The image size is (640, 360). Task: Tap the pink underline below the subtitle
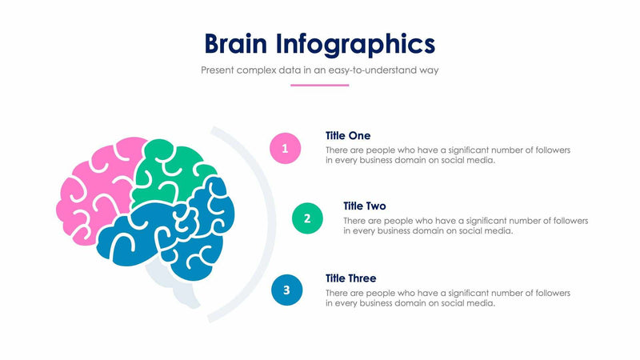pyautogui.click(x=320, y=85)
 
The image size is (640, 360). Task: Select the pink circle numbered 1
pyautogui.click(x=286, y=147)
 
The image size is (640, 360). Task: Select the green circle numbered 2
pyautogui.click(x=307, y=218)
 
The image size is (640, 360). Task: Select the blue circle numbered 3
pyautogui.click(x=287, y=290)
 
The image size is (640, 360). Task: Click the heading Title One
pyautogui.click(x=348, y=135)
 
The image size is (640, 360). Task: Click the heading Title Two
pyautogui.click(x=365, y=206)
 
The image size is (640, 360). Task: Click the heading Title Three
pyautogui.click(x=351, y=278)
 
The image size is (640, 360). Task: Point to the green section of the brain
pyautogui.click(x=172, y=172)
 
